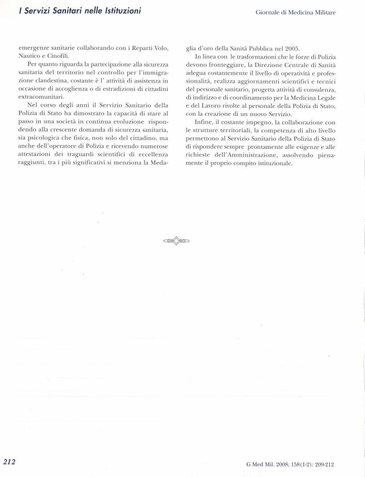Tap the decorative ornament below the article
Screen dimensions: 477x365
click(176, 240)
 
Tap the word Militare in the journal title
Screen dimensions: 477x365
click(325, 13)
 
